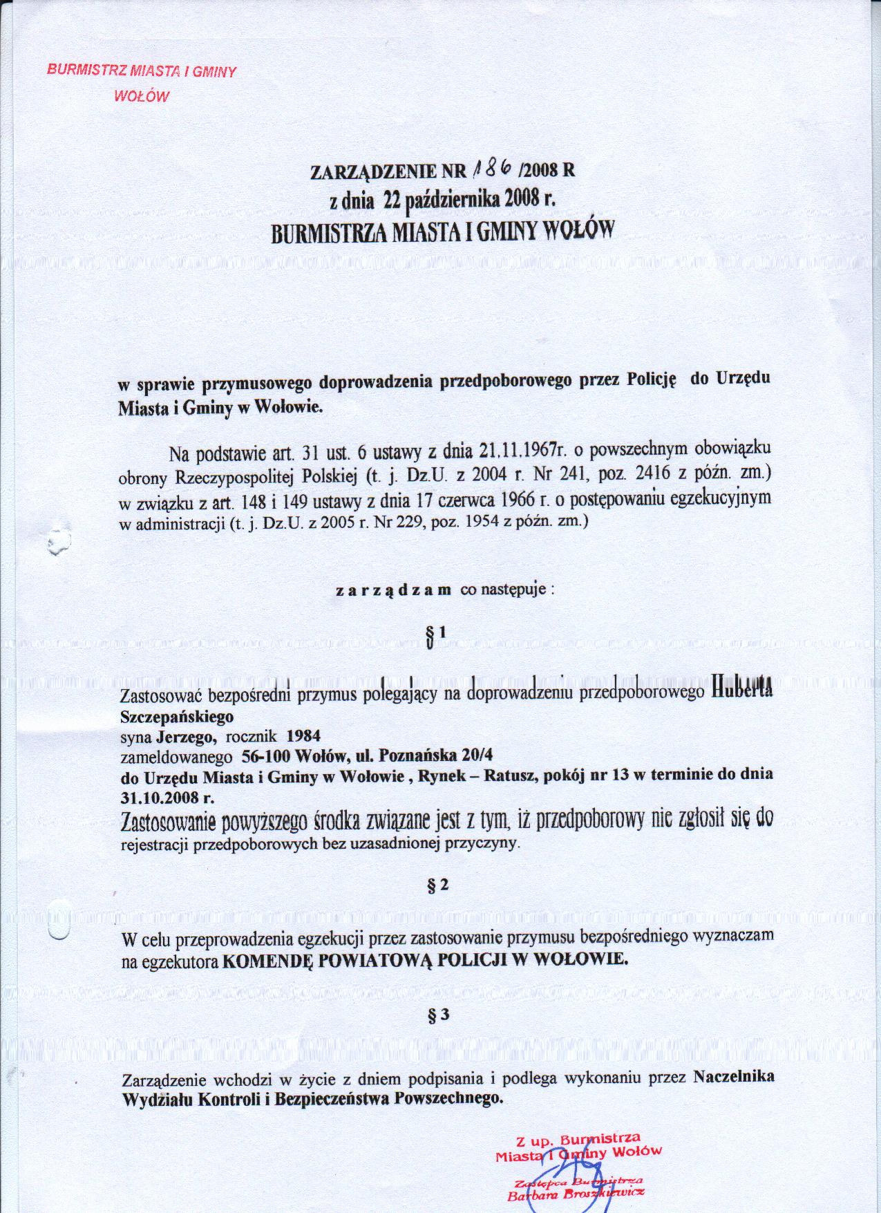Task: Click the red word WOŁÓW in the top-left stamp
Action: (x=141, y=95)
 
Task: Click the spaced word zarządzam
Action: (x=393, y=591)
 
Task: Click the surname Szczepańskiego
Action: (x=177, y=716)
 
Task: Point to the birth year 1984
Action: (x=303, y=736)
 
